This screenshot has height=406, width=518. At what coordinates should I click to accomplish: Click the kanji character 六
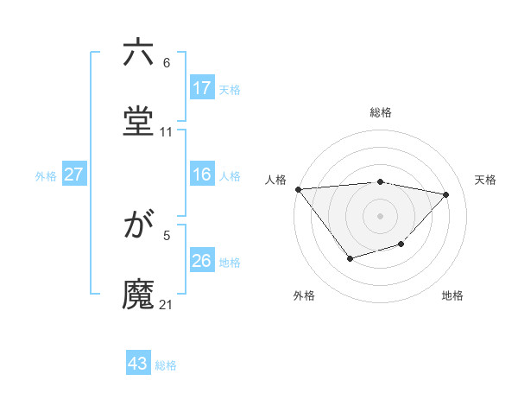coord(138,54)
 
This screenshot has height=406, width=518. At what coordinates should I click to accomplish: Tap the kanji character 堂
coord(138,121)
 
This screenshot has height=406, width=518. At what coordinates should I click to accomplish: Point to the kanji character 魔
coord(138,294)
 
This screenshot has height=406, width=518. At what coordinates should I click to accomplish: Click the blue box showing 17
coord(202,88)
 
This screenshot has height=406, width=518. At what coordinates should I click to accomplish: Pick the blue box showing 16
coord(202,175)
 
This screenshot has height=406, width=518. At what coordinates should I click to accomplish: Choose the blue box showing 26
coord(202,262)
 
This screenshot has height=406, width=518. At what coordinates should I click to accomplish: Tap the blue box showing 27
coord(73,175)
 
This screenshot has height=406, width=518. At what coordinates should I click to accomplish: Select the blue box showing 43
coord(138,364)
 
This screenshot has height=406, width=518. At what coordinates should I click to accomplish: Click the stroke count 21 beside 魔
coord(167,304)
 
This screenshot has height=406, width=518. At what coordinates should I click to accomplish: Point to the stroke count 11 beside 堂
coord(167,132)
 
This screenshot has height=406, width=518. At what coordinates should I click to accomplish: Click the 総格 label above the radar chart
coord(381,112)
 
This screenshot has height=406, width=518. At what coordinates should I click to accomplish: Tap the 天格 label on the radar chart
coord(485,180)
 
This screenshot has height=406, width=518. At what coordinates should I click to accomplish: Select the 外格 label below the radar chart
coord(304,295)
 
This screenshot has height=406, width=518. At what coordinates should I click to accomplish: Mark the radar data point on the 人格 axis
coord(298,189)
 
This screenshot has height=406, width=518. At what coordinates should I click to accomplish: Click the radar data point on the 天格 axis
coord(446,194)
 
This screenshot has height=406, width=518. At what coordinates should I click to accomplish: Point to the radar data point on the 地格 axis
coord(401,245)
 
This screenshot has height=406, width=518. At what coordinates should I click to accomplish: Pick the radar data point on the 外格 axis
coord(350,258)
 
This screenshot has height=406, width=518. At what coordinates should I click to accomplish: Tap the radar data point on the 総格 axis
coord(381,181)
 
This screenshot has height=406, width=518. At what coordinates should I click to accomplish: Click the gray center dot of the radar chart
coord(381,215)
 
